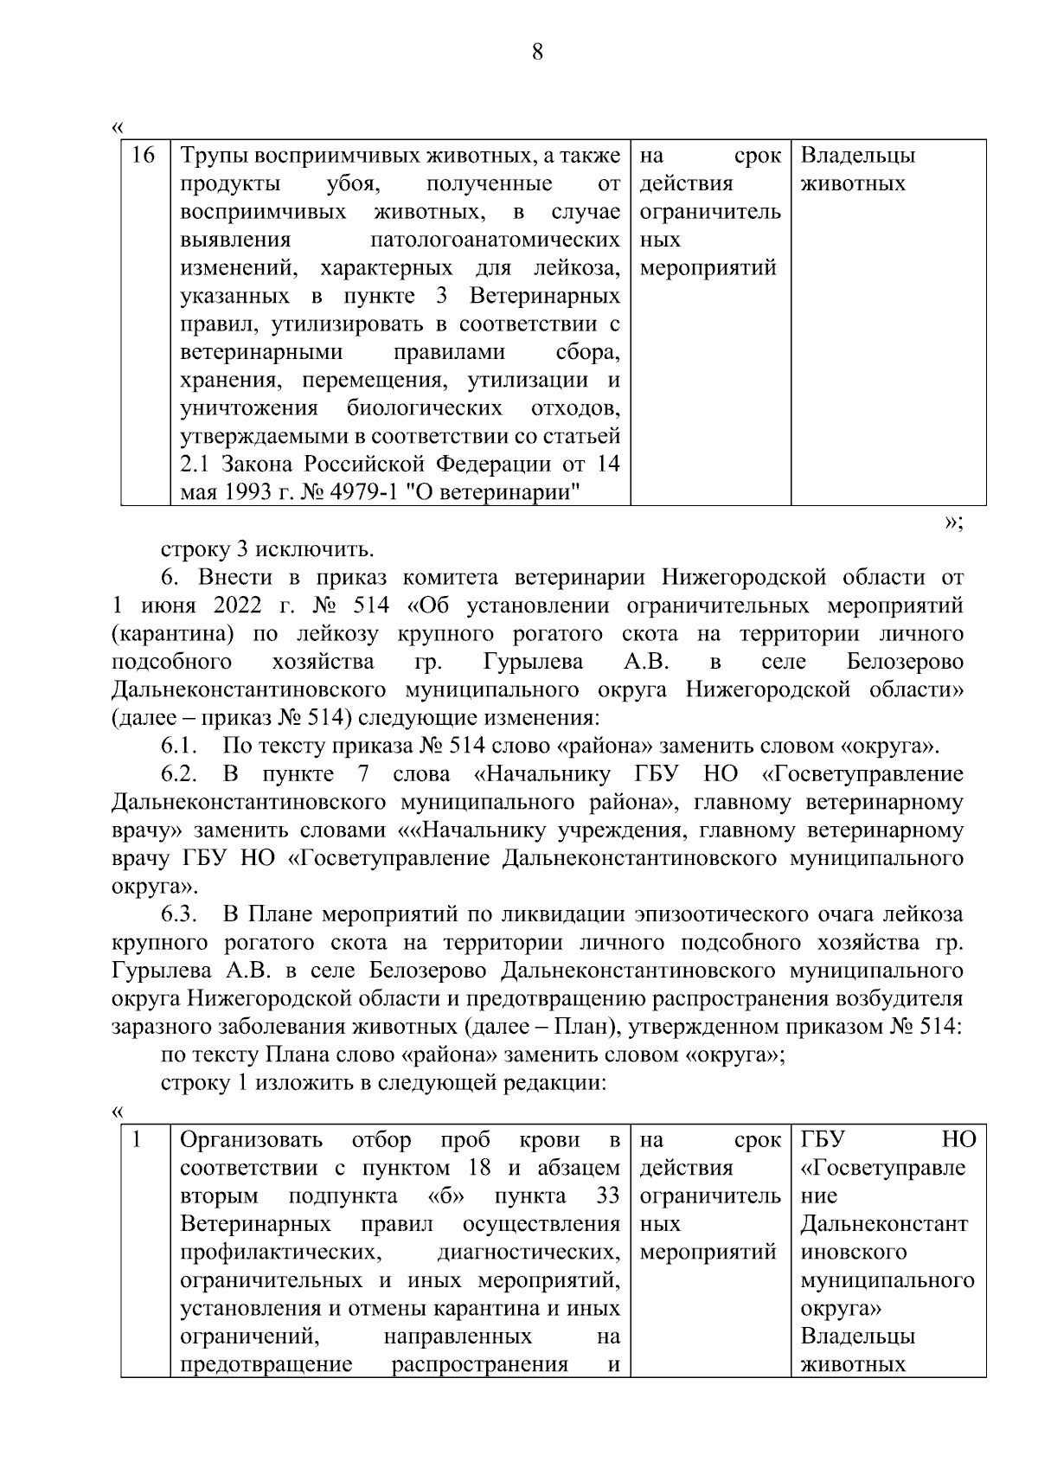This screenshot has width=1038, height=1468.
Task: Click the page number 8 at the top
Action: tap(536, 52)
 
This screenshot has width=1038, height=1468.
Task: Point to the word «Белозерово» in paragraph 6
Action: tap(906, 662)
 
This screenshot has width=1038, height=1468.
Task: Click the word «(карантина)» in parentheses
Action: tap(173, 634)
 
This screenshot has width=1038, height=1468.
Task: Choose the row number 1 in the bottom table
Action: tap(136, 1140)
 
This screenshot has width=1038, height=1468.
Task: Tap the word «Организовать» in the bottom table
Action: tap(251, 1140)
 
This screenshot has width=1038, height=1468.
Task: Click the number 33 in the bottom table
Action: tap(608, 1196)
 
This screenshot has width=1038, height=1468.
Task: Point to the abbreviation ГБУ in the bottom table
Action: tap(823, 1140)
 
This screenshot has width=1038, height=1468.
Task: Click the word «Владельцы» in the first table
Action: tap(857, 157)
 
